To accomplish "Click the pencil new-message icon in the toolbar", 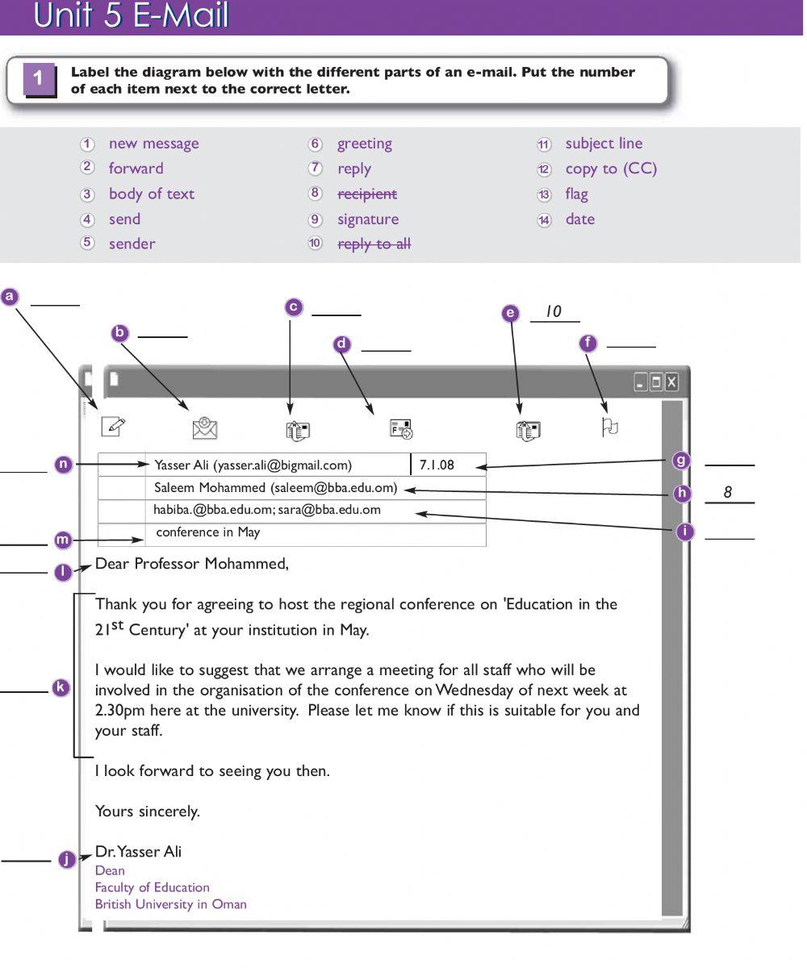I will (x=114, y=427).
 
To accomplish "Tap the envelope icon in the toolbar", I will (x=205, y=428).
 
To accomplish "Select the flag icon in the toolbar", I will (x=609, y=427).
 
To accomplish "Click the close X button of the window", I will (x=671, y=382).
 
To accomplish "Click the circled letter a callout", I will (x=10, y=296).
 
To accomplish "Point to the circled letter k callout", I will (x=61, y=688).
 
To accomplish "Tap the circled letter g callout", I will (x=682, y=461).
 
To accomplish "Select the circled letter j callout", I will (x=66, y=859).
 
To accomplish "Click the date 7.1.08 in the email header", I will (x=437, y=465).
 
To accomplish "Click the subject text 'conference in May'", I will (x=207, y=532).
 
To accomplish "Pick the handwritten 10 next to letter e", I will (x=553, y=311).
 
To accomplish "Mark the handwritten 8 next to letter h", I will (x=727, y=492).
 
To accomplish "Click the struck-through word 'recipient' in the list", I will (x=366, y=194).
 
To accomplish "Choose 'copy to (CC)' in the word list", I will (x=611, y=169).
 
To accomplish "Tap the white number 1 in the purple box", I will (x=39, y=79).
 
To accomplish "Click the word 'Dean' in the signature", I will (x=110, y=870).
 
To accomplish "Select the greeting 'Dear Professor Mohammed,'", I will (x=191, y=564).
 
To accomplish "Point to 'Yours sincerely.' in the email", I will (x=147, y=812).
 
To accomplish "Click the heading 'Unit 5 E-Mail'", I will (x=131, y=16).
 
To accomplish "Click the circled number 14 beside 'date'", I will (x=544, y=219).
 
